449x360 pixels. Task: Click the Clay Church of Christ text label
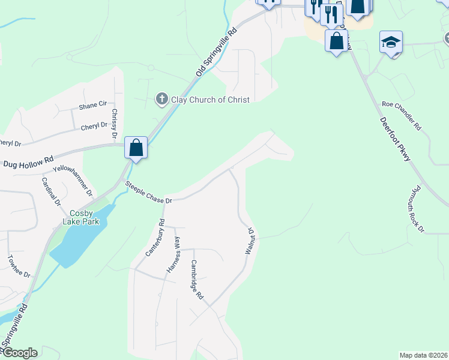(x=210, y=99)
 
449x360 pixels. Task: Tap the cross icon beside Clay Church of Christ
(x=161, y=98)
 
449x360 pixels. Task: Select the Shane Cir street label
(x=92, y=107)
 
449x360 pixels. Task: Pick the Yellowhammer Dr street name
(x=73, y=181)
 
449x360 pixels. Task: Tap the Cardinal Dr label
(x=52, y=191)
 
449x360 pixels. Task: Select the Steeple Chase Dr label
(x=149, y=192)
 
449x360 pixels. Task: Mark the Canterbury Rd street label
(x=155, y=238)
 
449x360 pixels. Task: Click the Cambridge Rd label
(x=197, y=280)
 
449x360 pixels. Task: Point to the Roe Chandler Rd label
(x=402, y=115)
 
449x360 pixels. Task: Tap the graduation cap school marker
(x=391, y=42)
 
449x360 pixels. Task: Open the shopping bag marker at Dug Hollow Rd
(x=136, y=148)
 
